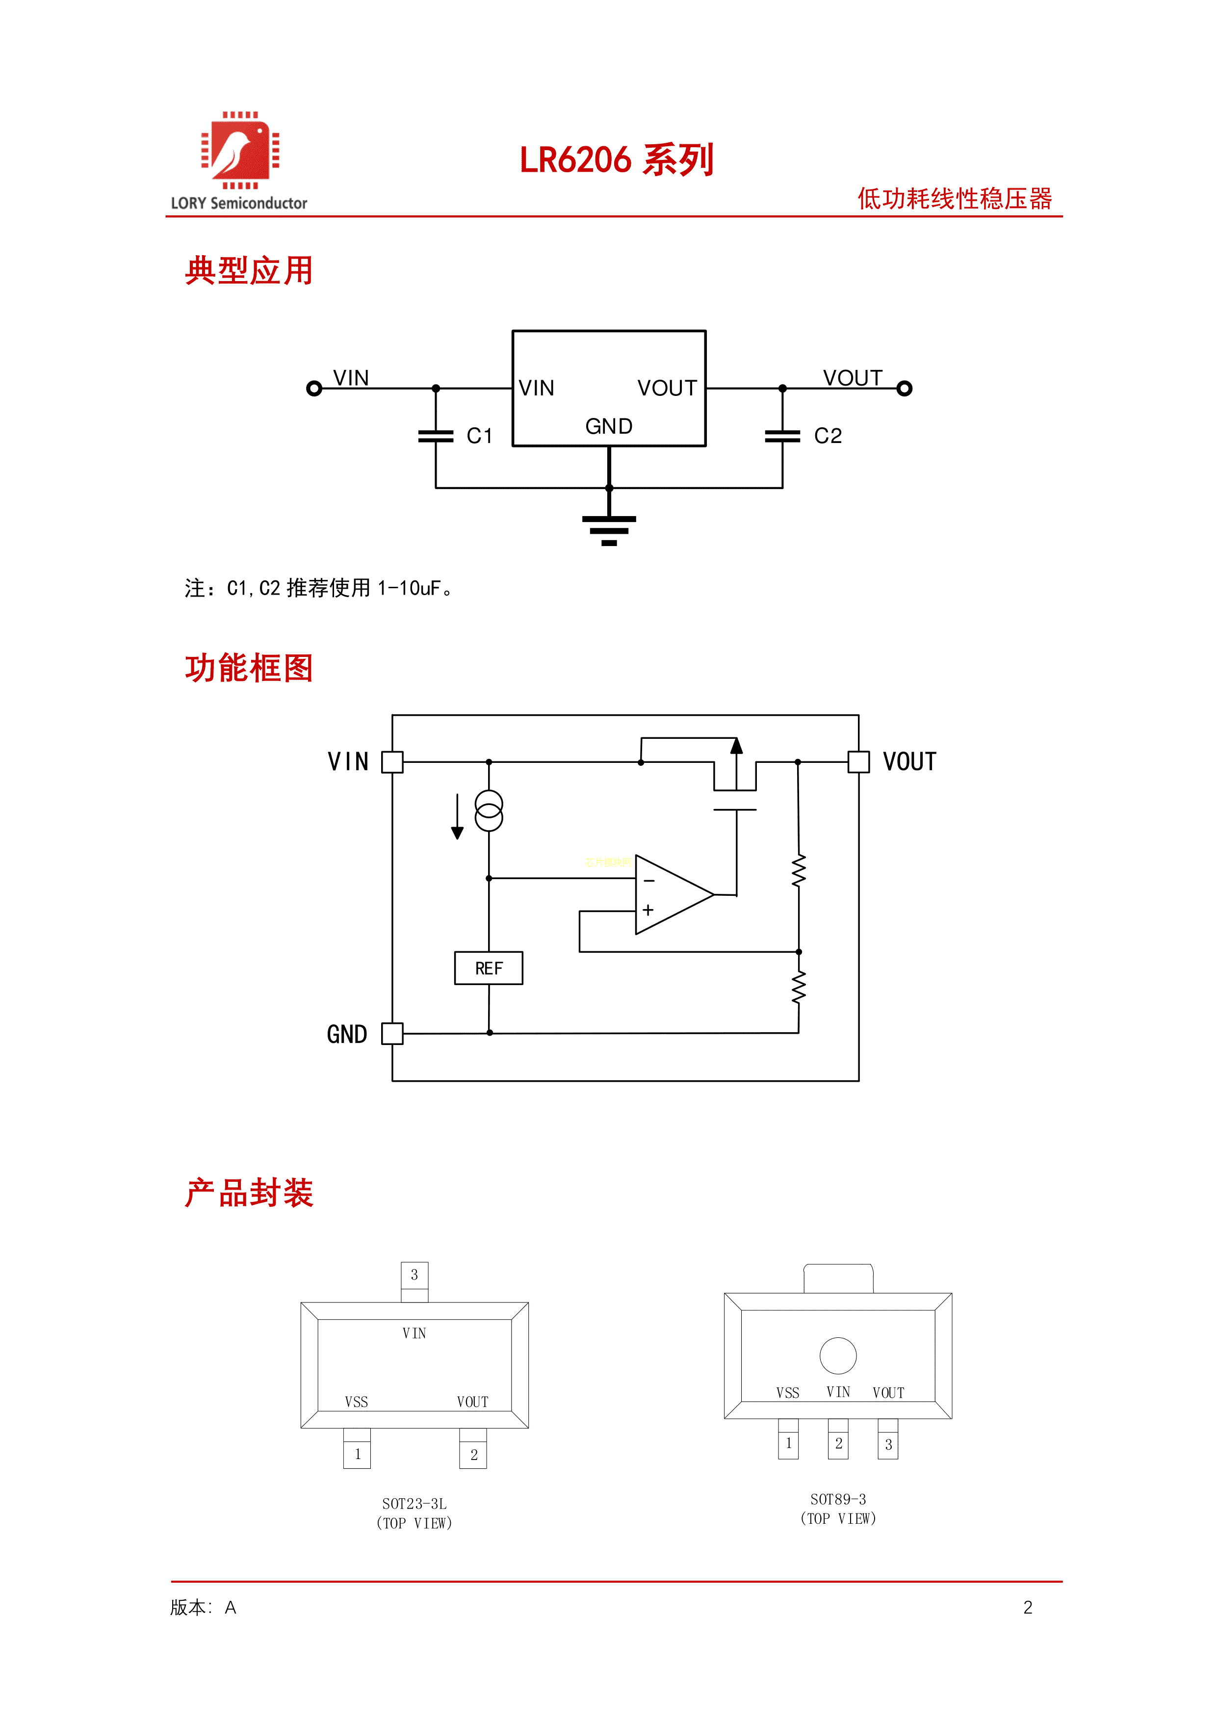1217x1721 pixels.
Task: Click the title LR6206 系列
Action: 616,159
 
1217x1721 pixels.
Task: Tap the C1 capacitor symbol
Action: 436,436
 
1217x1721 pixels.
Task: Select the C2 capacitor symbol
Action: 782,436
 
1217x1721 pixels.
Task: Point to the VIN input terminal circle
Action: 314,388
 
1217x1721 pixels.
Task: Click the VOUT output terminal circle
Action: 905,388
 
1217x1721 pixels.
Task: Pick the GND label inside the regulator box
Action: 608,426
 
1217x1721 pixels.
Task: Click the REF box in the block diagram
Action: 489,968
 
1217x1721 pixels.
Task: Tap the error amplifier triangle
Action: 671,895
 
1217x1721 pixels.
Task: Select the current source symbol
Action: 489,811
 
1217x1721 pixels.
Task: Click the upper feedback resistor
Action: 799,871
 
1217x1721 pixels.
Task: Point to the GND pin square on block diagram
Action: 392,1034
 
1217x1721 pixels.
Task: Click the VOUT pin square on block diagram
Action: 859,761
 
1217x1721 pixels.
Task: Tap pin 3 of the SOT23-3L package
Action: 414,1275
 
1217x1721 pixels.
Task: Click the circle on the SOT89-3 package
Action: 838,1355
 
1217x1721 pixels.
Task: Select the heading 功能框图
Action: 249,668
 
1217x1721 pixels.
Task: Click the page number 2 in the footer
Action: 1027,1607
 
